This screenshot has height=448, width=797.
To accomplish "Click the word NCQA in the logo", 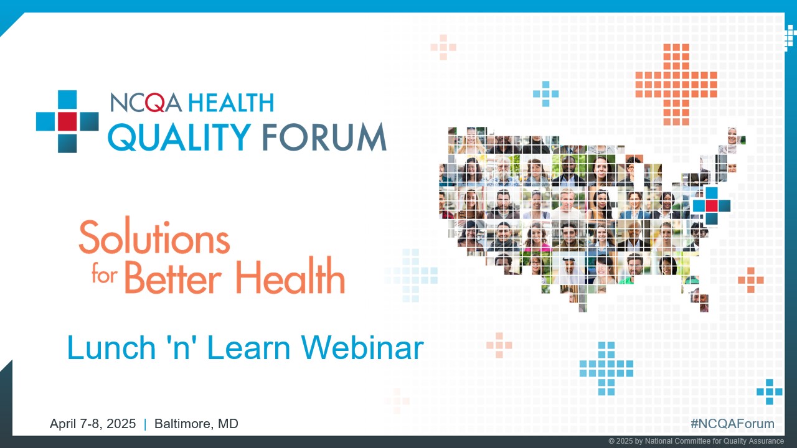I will [146, 103].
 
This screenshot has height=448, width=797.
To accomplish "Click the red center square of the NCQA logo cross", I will [67, 121].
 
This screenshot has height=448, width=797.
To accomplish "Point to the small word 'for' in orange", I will [104, 275].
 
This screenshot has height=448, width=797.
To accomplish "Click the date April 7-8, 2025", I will [93, 424].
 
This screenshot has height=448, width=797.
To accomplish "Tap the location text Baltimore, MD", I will [196, 424].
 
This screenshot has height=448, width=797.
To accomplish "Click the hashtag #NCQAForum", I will [732, 424].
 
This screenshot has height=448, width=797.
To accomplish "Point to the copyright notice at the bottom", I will [696, 441].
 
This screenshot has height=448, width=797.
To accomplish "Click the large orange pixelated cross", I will [676, 84].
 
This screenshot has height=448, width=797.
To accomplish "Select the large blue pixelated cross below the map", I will [606, 368].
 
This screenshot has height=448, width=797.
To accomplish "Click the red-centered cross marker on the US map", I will [711, 205].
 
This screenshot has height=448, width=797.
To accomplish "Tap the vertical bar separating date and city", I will [145, 424].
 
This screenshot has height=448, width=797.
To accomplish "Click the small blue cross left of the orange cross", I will [545, 94].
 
